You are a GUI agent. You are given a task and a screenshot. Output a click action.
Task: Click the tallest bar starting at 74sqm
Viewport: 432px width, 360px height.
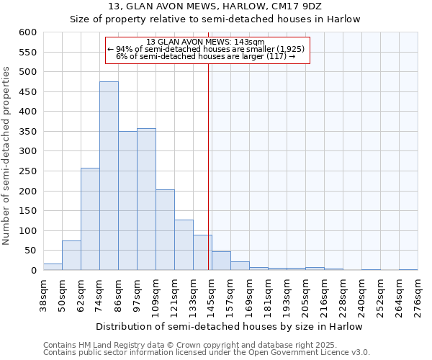click(109, 176)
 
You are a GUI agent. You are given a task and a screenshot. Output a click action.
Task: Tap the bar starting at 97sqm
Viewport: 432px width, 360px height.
click(146, 199)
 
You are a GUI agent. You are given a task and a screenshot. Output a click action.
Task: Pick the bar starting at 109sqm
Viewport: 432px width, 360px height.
click(165, 230)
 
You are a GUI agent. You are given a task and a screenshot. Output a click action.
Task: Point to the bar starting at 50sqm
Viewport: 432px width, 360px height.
click(71, 256)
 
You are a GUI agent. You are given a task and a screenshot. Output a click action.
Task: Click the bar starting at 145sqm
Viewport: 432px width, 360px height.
click(221, 261)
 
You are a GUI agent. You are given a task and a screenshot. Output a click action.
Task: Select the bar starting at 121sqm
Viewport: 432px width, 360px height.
click(184, 245)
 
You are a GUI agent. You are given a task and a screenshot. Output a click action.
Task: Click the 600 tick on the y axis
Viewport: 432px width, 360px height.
click(27, 32)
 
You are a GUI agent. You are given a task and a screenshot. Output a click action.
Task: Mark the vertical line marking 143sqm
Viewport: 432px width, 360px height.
click(209, 166)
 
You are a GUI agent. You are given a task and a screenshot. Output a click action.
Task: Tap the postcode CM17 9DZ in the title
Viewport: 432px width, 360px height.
click(290, 6)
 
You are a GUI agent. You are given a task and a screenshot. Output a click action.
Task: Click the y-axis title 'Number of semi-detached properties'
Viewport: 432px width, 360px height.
click(6, 156)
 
